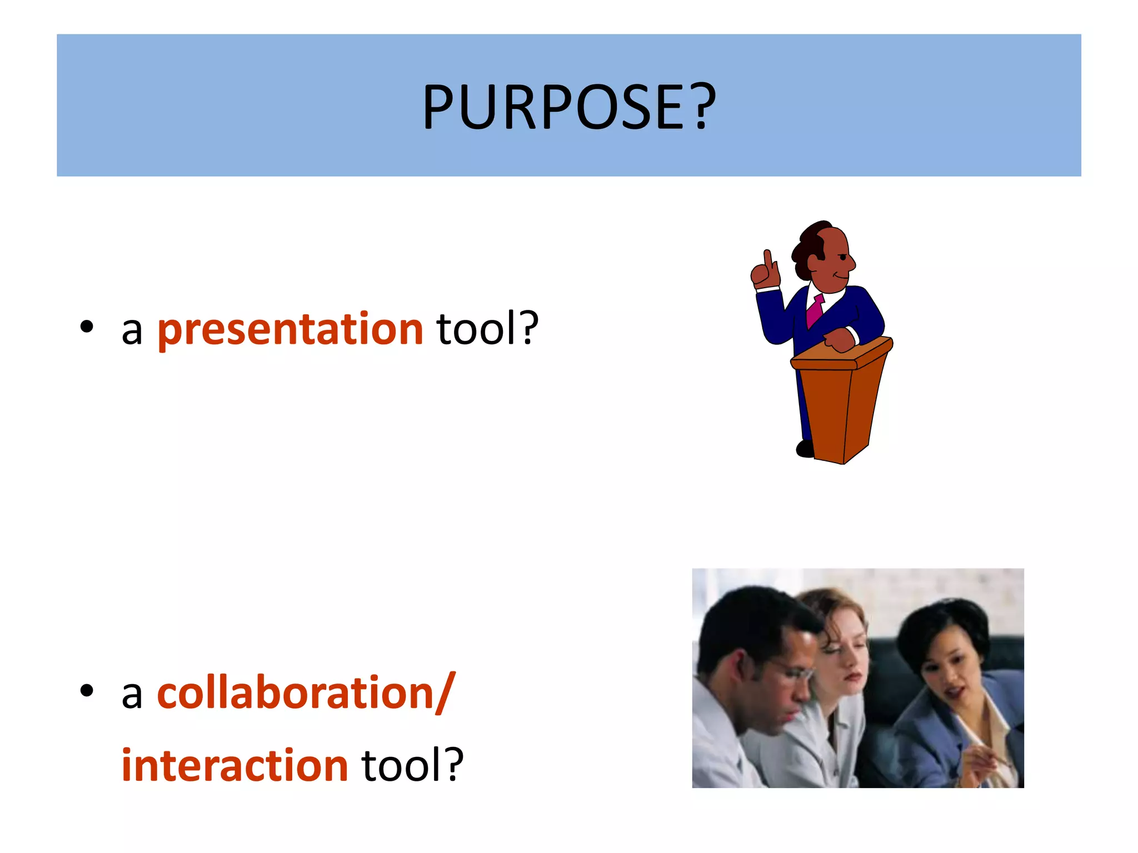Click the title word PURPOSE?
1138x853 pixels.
569,107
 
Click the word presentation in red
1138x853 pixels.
290,329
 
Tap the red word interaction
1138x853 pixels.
234,765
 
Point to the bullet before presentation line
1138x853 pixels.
86,327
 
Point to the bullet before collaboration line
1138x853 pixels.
86,691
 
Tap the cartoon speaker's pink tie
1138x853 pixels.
815,311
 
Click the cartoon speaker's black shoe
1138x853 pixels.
805,448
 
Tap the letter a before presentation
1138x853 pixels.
132,331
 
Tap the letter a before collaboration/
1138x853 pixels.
132,695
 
